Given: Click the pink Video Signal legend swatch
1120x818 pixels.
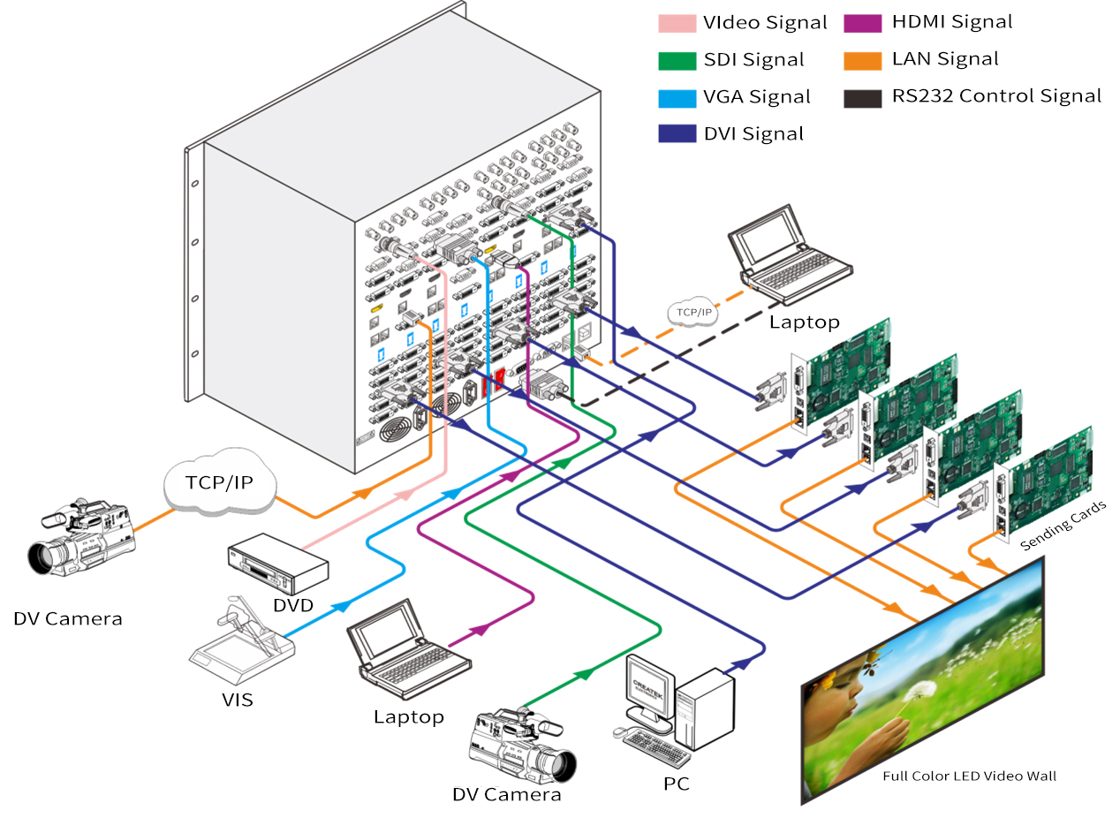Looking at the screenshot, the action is pos(677,24).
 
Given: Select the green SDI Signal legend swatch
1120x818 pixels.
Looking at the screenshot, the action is pos(677,61).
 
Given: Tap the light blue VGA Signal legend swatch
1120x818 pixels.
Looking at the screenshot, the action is pos(677,99).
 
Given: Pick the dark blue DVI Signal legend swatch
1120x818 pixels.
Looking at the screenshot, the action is pos(677,133).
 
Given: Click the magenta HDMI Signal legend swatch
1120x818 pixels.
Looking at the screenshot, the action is pos(863,24).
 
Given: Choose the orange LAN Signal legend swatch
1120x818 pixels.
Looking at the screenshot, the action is pos(863,61).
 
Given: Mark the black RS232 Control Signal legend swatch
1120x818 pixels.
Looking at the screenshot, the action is pos(863,99).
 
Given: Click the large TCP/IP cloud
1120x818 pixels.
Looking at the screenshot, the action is pos(220,482).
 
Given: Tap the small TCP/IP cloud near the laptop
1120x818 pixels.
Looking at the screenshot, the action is pos(693,312).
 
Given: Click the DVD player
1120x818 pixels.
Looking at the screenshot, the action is pos(278,564).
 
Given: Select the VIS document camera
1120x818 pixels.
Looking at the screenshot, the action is pos(242,640).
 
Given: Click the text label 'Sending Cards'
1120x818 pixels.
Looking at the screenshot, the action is pos(1063,526).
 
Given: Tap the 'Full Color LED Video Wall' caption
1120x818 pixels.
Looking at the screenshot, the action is pos(970,776).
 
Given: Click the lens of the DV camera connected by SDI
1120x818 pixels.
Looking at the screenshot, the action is pos(559,766).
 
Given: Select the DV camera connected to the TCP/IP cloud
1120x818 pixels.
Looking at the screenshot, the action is pos(81,536).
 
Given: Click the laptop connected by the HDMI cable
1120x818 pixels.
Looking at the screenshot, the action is pos(408,649).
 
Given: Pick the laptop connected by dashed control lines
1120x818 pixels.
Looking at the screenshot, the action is pos(789,255).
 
